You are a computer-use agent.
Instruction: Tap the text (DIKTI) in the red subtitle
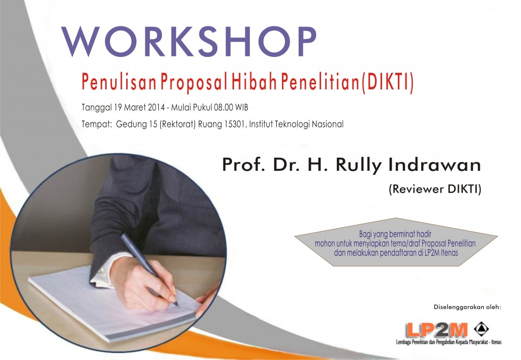coord(387,81)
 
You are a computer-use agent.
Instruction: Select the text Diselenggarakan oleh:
coord(467,307)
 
